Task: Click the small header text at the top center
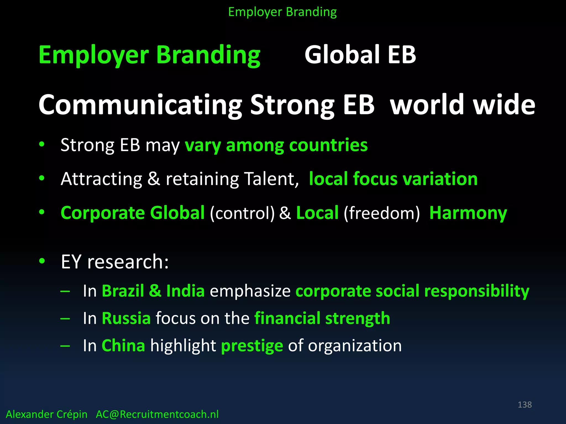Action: [282, 12]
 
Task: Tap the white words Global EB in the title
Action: [360, 55]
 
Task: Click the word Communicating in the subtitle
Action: [140, 105]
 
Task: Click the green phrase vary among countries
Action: [276, 145]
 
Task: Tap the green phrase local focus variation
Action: [393, 179]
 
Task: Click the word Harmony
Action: [468, 213]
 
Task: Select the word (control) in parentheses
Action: [242, 213]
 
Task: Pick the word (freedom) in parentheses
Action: [382, 213]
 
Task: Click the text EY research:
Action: [115, 262]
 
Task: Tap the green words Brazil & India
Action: [153, 291]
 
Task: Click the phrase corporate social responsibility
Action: [412, 291]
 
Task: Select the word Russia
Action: [126, 318]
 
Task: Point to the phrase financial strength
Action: [322, 318]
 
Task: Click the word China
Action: [123, 345]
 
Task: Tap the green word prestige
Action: [252, 346]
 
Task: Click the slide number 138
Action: [525, 405]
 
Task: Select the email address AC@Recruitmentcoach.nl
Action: [157, 414]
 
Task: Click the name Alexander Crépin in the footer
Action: [46, 414]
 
